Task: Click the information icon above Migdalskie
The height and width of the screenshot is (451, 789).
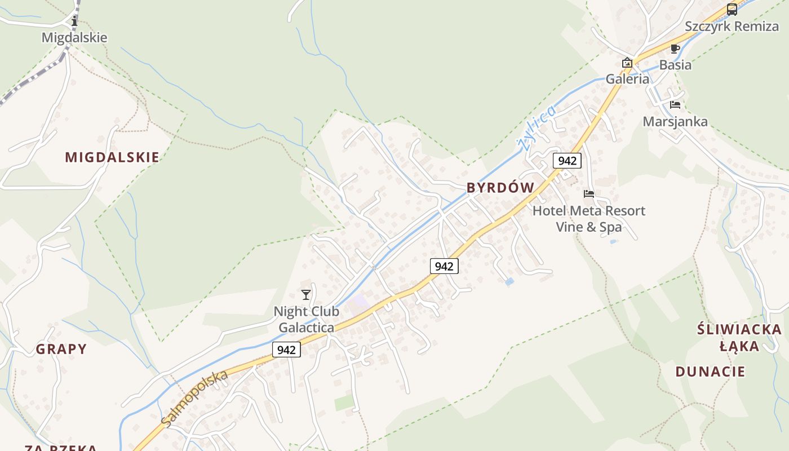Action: (74, 21)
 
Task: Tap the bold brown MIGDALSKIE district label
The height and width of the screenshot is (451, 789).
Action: (112, 157)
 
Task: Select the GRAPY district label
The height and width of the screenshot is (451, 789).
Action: (61, 349)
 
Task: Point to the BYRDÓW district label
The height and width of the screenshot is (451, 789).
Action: (500, 188)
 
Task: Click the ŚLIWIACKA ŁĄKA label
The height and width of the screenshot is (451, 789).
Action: (739, 337)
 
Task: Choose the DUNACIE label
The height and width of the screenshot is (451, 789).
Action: (710, 372)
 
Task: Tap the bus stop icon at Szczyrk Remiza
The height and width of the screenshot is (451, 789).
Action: (732, 9)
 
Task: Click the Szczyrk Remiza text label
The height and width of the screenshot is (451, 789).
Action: (732, 26)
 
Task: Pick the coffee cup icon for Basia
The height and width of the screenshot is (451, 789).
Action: (675, 48)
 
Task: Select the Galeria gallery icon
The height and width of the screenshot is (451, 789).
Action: (627, 63)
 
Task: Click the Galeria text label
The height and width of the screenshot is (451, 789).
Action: (627, 79)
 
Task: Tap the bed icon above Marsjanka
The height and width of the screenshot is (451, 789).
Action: (675, 105)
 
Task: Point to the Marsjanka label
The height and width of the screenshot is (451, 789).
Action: (675, 121)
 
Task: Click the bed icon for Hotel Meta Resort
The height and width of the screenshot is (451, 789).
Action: (589, 194)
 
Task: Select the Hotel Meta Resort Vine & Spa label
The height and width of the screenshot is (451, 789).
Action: (589, 219)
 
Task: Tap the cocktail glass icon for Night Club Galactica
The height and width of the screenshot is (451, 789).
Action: (306, 294)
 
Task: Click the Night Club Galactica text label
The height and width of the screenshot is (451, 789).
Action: (306, 319)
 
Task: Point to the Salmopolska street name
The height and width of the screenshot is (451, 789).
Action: (194, 398)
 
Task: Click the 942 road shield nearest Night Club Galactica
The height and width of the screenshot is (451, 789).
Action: (286, 350)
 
